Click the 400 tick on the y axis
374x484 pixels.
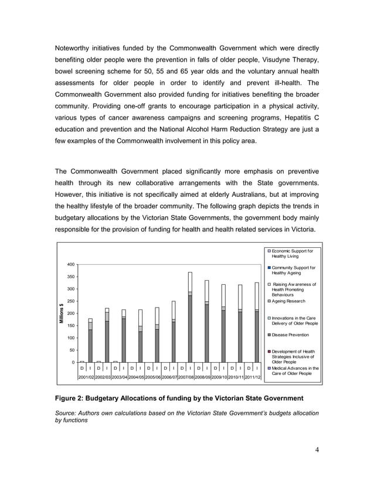pyautogui.click(x=70, y=264)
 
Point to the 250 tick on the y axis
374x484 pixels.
pyautogui.click(x=70, y=301)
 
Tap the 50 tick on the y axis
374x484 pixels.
pyautogui.click(x=71, y=350)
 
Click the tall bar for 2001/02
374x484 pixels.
pyautogui.click(x=90, y=340)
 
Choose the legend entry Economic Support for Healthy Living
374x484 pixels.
pyautogui.click(x=292, y=254)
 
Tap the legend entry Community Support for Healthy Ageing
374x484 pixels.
pyautogui.click(x=293, y=271)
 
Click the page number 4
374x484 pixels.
pyautogui.click(x=317, y=450)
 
